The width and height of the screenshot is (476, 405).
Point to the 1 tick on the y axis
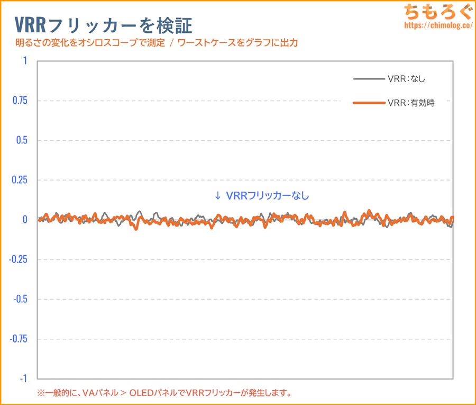(x=24, y=61)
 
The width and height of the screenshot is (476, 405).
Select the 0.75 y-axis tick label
(x=20, y=101)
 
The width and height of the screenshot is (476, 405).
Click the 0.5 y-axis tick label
(x=22, y=140)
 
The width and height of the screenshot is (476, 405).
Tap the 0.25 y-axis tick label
(x=20, y=180)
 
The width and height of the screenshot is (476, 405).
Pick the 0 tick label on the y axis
(x=24, y=220)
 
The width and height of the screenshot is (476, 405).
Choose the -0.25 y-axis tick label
(x=19, y=259)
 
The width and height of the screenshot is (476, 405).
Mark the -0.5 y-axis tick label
(x=21, y=299)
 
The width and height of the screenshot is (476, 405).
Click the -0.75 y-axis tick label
(x=19, y=339)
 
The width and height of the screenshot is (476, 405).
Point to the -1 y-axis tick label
(x=23, y=379)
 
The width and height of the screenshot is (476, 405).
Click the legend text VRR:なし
(x=406, y=79)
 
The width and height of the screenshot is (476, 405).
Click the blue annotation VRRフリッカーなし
(x=268, y=195)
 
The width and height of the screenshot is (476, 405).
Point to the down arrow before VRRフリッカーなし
(x=217, y=195)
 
